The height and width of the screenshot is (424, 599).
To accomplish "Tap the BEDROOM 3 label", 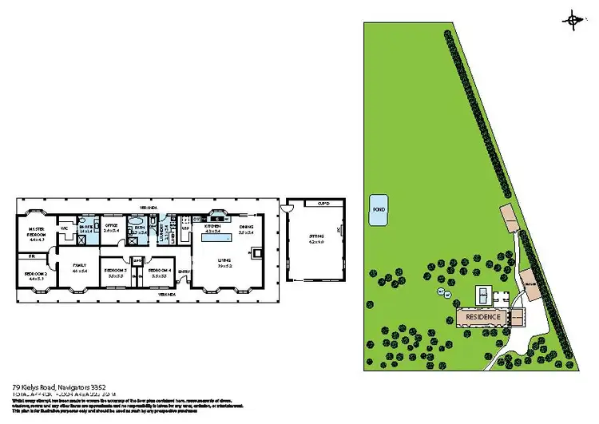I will [116, 271].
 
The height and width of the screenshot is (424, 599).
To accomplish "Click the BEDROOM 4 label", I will [161, 271].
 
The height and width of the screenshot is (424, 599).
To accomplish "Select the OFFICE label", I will [111, 227].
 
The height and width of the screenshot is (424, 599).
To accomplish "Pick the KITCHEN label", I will [212, 227].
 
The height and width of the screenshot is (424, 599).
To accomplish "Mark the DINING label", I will [246, 227].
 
